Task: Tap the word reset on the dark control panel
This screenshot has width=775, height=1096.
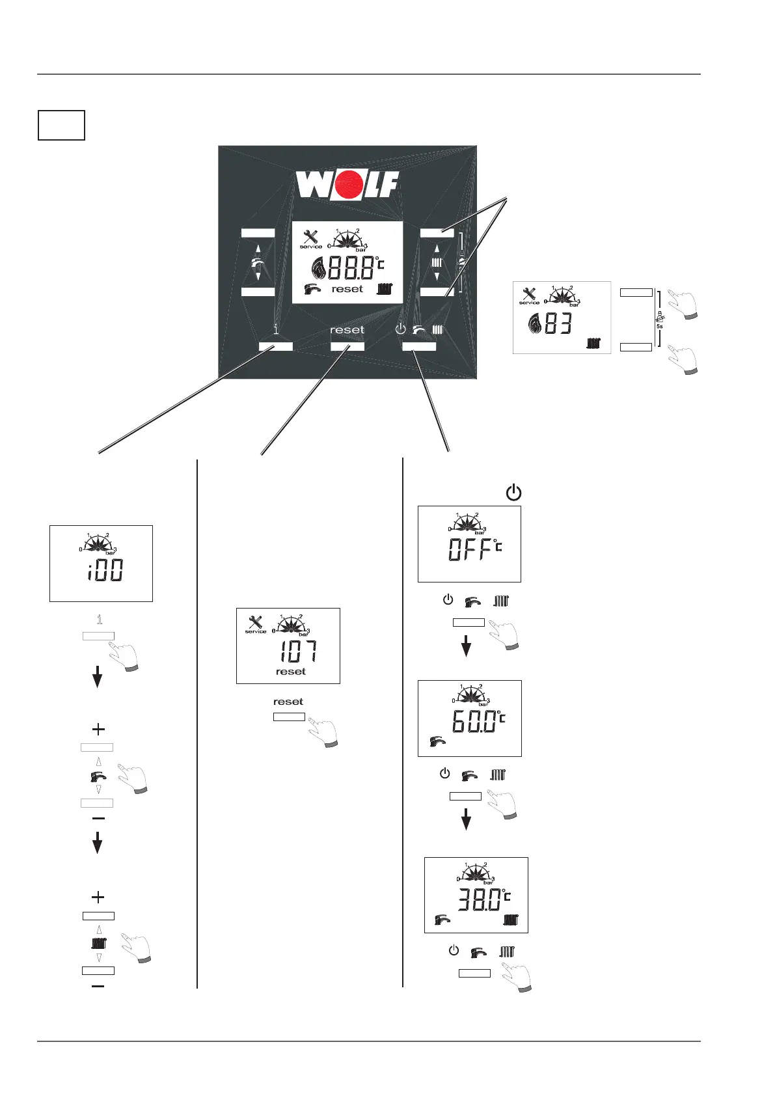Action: (347, 330)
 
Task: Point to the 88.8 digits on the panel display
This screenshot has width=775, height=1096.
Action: (351, 268)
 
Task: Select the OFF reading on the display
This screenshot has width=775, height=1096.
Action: (469, 551)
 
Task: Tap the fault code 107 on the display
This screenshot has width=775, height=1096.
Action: (299, 651)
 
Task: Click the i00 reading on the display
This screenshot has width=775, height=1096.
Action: (105, 571)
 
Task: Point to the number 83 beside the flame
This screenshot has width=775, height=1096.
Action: (558, 323)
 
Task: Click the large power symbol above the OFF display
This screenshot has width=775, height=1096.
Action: (513, 493)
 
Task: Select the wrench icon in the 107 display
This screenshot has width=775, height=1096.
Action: (256, 622)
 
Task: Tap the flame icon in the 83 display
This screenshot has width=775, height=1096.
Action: (533, 323)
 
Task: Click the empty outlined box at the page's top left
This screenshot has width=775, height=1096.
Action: (61, 126)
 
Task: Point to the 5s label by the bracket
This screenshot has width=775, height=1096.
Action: (659, 326)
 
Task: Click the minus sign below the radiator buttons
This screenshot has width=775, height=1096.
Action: (98, 987)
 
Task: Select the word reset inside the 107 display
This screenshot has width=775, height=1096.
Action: (290, 672)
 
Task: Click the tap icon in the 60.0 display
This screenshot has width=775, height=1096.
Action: (438, 741)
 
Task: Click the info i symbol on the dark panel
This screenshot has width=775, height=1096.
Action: (275, 330)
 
